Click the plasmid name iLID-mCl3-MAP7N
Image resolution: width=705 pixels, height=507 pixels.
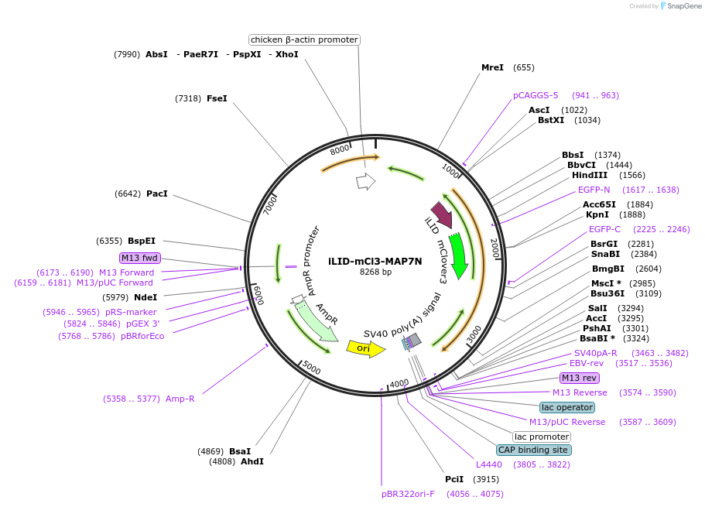point(375,261)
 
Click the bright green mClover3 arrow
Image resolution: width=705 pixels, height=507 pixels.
point(458,255)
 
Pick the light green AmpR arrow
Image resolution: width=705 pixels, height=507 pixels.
point(316,320)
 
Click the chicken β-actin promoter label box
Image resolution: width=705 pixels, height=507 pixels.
point(304,39)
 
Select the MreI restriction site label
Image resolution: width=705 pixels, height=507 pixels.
point(492,67)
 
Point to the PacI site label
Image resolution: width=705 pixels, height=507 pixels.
point(156,194)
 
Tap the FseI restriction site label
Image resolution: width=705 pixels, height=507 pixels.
point(217,98)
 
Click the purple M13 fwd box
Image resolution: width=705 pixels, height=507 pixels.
point(139,258)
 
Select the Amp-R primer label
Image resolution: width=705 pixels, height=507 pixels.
point(180,399)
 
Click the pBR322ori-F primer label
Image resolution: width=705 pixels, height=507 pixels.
point(408,494)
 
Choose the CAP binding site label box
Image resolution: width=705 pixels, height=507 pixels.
point(534,450)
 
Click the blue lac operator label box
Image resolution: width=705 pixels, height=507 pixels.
point(567,407)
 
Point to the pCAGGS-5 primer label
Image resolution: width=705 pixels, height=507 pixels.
point(535,95)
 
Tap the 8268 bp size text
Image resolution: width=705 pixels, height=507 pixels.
point(375,272)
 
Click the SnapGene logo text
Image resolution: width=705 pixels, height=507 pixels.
point(681,6)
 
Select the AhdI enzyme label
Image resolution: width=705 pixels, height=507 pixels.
point(252,461)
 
